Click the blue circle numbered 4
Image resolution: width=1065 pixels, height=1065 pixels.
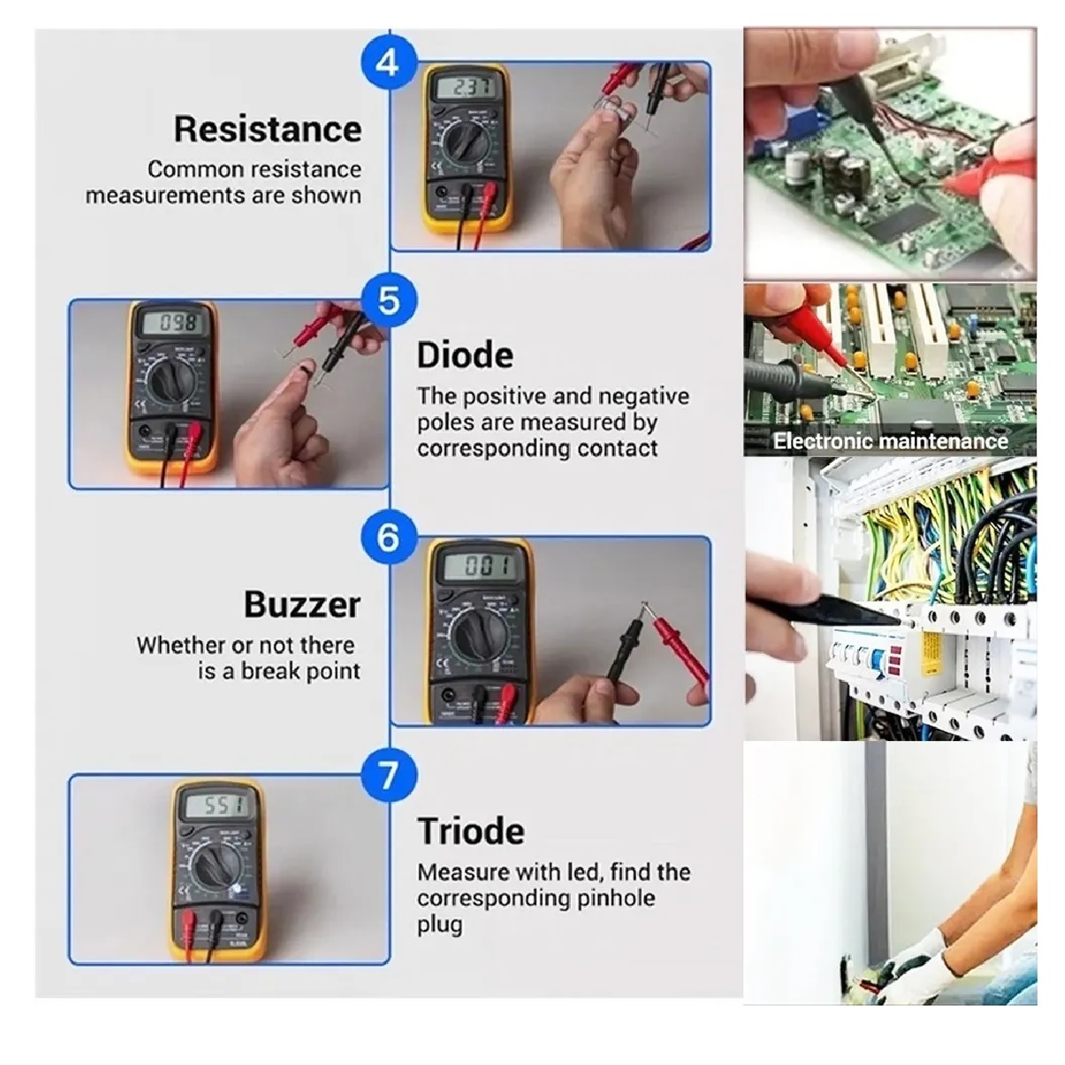coord(388,64)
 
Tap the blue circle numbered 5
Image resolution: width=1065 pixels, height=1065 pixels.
coord(389,300)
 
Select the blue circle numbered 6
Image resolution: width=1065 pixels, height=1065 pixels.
coord(388,537)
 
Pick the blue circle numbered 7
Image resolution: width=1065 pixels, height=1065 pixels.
coord(388,775)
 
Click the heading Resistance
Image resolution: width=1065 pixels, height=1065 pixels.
coord(267,129)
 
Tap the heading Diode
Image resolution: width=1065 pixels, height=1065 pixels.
coord(465,355)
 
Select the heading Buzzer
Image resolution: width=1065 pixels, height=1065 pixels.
coord(302,604)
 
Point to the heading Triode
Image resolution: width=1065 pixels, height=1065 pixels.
coord(470,832)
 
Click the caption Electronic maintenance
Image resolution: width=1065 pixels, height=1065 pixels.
coord(889,441)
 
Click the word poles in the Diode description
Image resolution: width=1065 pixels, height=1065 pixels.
coord(442,422)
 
